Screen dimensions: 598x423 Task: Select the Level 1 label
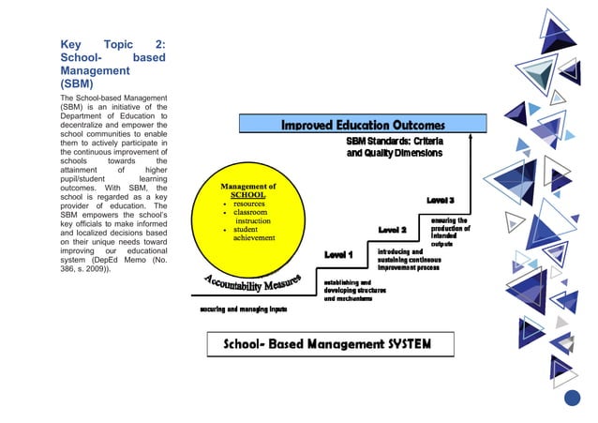(x=337, y=254)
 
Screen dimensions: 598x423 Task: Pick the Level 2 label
(x=392, y=230)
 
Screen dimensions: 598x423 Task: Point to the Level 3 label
(x=441, y=200)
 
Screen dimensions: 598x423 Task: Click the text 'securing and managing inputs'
(x=244, y=309)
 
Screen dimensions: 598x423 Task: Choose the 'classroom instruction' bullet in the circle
(x=252, y=217)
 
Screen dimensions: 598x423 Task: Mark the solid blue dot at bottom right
(x=572, y=399)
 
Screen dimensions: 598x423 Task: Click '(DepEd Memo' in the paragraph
(x=116, y=260)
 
